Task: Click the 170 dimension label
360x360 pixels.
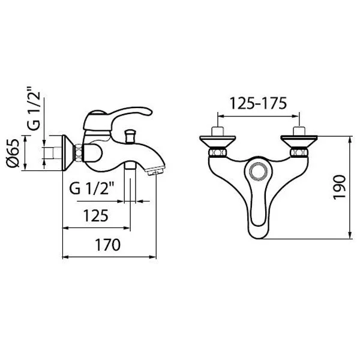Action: [x=107, y=245]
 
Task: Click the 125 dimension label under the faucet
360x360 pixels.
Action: [x=95, y=216]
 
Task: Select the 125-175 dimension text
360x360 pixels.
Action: [x=258, y=103]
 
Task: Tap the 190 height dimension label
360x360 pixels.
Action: [x=340, y=187]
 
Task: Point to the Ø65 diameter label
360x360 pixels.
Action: [x=13, y=153]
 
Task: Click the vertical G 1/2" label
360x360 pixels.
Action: [x=34, y=108]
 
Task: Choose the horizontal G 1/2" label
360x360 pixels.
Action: [x=92, y=189]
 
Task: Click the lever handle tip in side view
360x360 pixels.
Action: [x=149, y=111]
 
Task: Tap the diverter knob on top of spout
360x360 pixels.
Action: [x=130, y=136]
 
